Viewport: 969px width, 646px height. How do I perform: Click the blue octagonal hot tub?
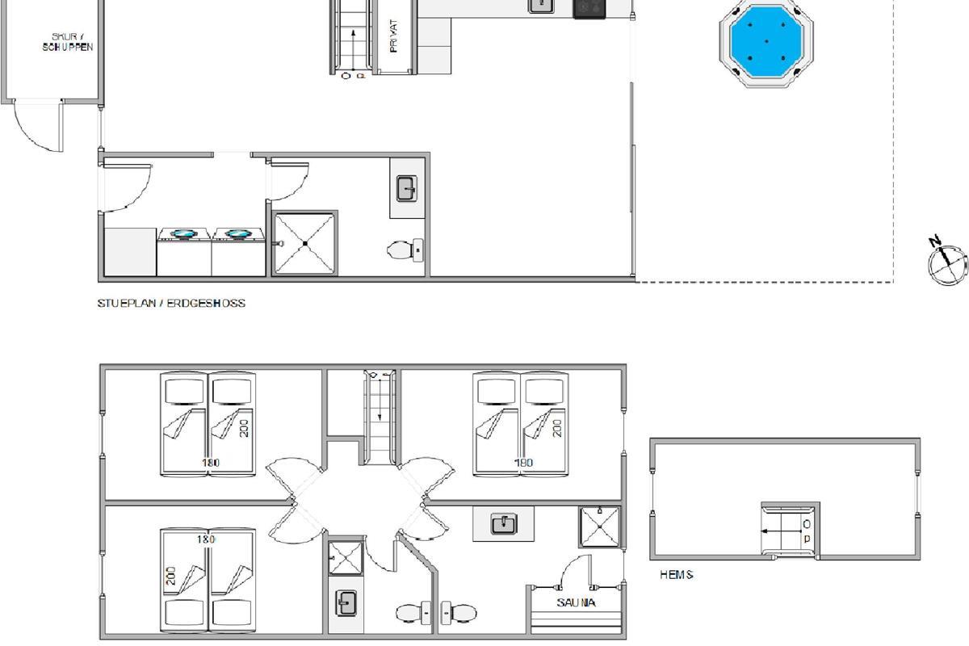click(x=766, y=41)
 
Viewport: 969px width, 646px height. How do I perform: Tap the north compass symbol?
click(x=946, y=261)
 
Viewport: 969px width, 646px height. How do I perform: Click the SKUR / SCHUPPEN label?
click(x=68, y=42)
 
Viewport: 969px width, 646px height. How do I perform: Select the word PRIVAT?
click(x=393, y=36)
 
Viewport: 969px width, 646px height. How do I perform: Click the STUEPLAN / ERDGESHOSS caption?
click(x=171, y=303)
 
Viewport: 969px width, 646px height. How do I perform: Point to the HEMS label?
click(x=677, y=575)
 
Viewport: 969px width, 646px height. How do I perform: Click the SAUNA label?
click(x=576, y=602)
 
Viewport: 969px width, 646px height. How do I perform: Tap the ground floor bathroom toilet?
click(x=405, y=250)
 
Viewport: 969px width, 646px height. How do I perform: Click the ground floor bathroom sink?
click(x=407, y=189)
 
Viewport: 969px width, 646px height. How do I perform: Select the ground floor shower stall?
click(x=305, y=244)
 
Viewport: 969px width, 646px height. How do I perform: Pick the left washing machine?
click(x=184, y=252)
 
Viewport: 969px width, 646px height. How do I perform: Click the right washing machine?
click(x=238, y=252)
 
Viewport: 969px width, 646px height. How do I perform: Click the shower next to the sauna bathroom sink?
click(x=600, y=527)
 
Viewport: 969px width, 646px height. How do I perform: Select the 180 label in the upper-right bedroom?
click(x=523, y=463)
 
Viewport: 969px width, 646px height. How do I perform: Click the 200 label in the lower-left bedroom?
click(x=171, y=576)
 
